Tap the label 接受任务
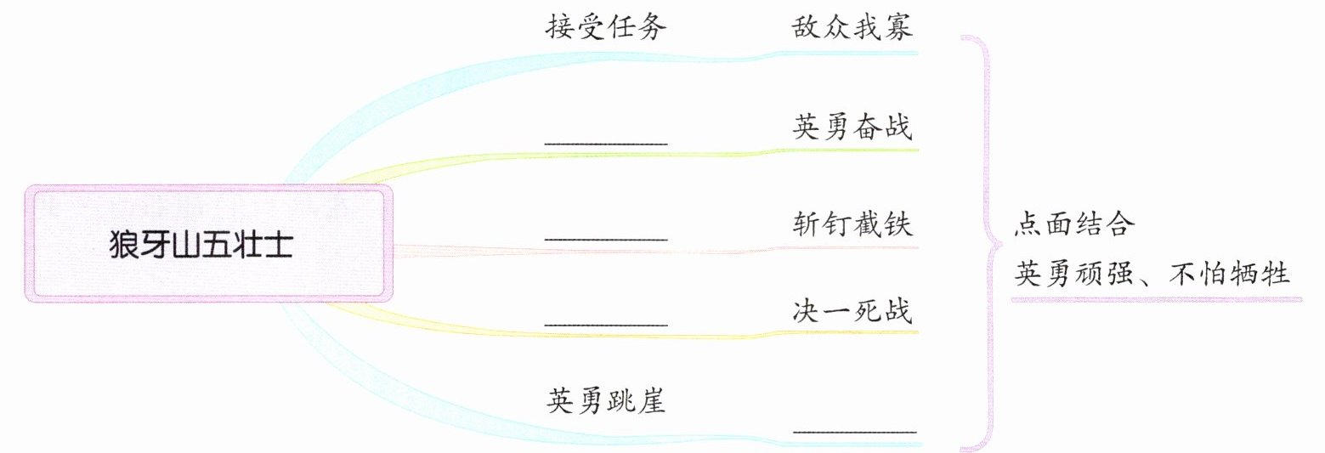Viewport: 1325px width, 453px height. (605, 28)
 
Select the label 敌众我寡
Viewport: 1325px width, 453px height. (852, 28)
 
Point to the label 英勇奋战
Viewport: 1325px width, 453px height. (852, 128)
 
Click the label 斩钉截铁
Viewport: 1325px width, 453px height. (852, 225)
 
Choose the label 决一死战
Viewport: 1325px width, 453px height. (852, 311)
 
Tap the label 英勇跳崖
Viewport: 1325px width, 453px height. (605, 400)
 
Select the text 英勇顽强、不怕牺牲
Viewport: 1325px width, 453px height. (1152, 275)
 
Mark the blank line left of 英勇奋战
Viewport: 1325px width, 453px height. (605, 143)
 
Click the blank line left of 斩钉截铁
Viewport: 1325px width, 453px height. (605, 239)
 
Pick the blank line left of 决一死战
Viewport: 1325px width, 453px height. (605, 325)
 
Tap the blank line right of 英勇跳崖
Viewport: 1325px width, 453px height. (854, 432)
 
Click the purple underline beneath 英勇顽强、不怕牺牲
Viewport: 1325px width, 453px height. (1156, 299)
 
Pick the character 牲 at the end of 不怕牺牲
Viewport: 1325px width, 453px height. (1277, 275)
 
